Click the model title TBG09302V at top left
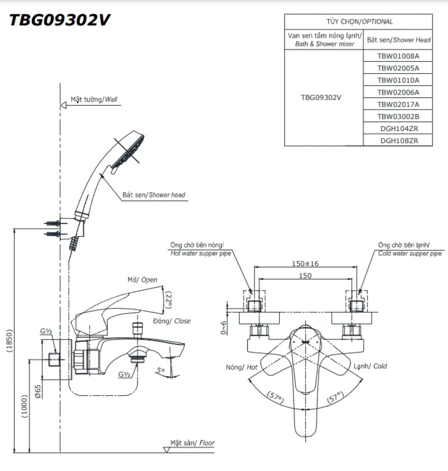pyautogui.click(x=60, y=20)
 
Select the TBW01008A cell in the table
pyautogui.click(x=398, y=56)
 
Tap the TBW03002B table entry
pyautogui.click(x=398, y=116)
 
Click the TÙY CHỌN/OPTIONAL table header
pyautogui.click(x=359, y=22)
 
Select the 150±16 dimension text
pyautogui.click(x=305, y=263)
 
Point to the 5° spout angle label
pyautogui.click(x=160, y=369)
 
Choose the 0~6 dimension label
pyautogui.click(x=224, y=327)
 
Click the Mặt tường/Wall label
pyautogui.click(x=93, y=99)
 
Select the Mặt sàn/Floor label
pyautogui.click(x=192, y=443)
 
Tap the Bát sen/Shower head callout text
pyautogui.click(x=154, y=195)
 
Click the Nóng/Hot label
pyautogui.click(x=241, y=367)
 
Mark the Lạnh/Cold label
pyautogui.click(x=370, y=366)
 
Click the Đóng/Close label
pyautogui.click(x=171, y=321)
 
